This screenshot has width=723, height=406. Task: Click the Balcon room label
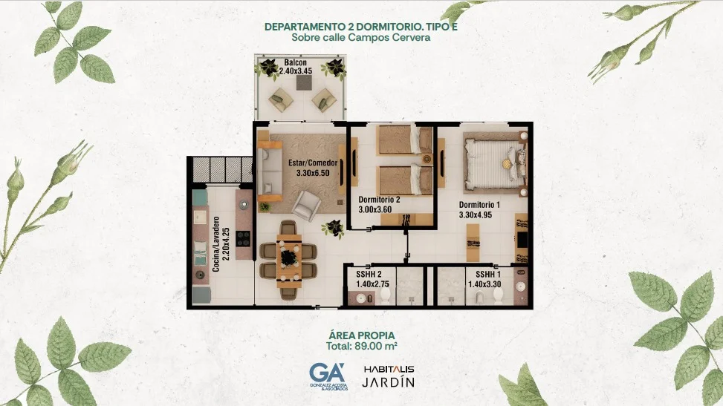click(295, 62)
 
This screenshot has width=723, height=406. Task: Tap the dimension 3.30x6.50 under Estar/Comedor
click(313, 173)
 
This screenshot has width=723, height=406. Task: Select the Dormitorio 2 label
click(379, 200)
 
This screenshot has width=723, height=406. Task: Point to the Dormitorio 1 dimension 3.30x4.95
click(476, 215)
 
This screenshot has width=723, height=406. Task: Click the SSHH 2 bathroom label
click(369, 274)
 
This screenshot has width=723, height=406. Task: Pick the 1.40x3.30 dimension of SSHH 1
click(484, 284)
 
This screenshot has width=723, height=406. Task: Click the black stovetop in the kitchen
click(243, 238)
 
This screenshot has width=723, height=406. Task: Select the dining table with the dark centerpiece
click(289, 258)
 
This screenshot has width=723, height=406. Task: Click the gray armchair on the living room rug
click(306, 206)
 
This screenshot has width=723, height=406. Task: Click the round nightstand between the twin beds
click(427, 159)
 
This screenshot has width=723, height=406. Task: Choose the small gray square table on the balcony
click(304, 83)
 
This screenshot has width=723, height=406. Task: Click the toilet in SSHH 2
click(386, 295)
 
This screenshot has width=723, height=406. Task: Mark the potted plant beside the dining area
click(334, 229)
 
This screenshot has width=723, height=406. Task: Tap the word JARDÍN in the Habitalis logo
click(388, 382)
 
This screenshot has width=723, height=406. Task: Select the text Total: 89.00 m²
click(362, 346)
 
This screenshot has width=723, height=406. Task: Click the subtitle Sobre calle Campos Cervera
click(361, 37)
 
